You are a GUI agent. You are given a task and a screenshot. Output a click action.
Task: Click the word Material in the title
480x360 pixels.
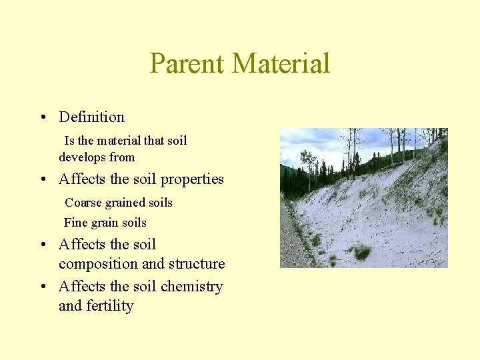(281, 64)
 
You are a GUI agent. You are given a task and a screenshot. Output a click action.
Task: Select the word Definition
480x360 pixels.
(91, 117)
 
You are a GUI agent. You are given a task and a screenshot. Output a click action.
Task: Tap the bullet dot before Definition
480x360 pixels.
(42, 118)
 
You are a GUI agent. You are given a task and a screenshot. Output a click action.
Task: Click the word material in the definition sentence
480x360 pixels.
(119, 141)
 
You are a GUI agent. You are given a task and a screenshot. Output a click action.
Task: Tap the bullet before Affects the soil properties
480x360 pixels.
(42, 180)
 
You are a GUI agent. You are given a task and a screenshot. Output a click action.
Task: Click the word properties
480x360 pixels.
(192, 180)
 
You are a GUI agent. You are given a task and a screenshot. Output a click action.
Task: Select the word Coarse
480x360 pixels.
(82, 203)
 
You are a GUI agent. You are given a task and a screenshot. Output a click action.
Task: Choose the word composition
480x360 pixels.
(100, 265)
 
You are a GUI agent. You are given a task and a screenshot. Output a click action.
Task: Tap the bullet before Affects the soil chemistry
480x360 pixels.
(42, 287)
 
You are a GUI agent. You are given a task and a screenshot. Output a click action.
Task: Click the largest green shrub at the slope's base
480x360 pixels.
(361, 252)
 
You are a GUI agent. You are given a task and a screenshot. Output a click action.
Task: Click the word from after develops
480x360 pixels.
(123, 158)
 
